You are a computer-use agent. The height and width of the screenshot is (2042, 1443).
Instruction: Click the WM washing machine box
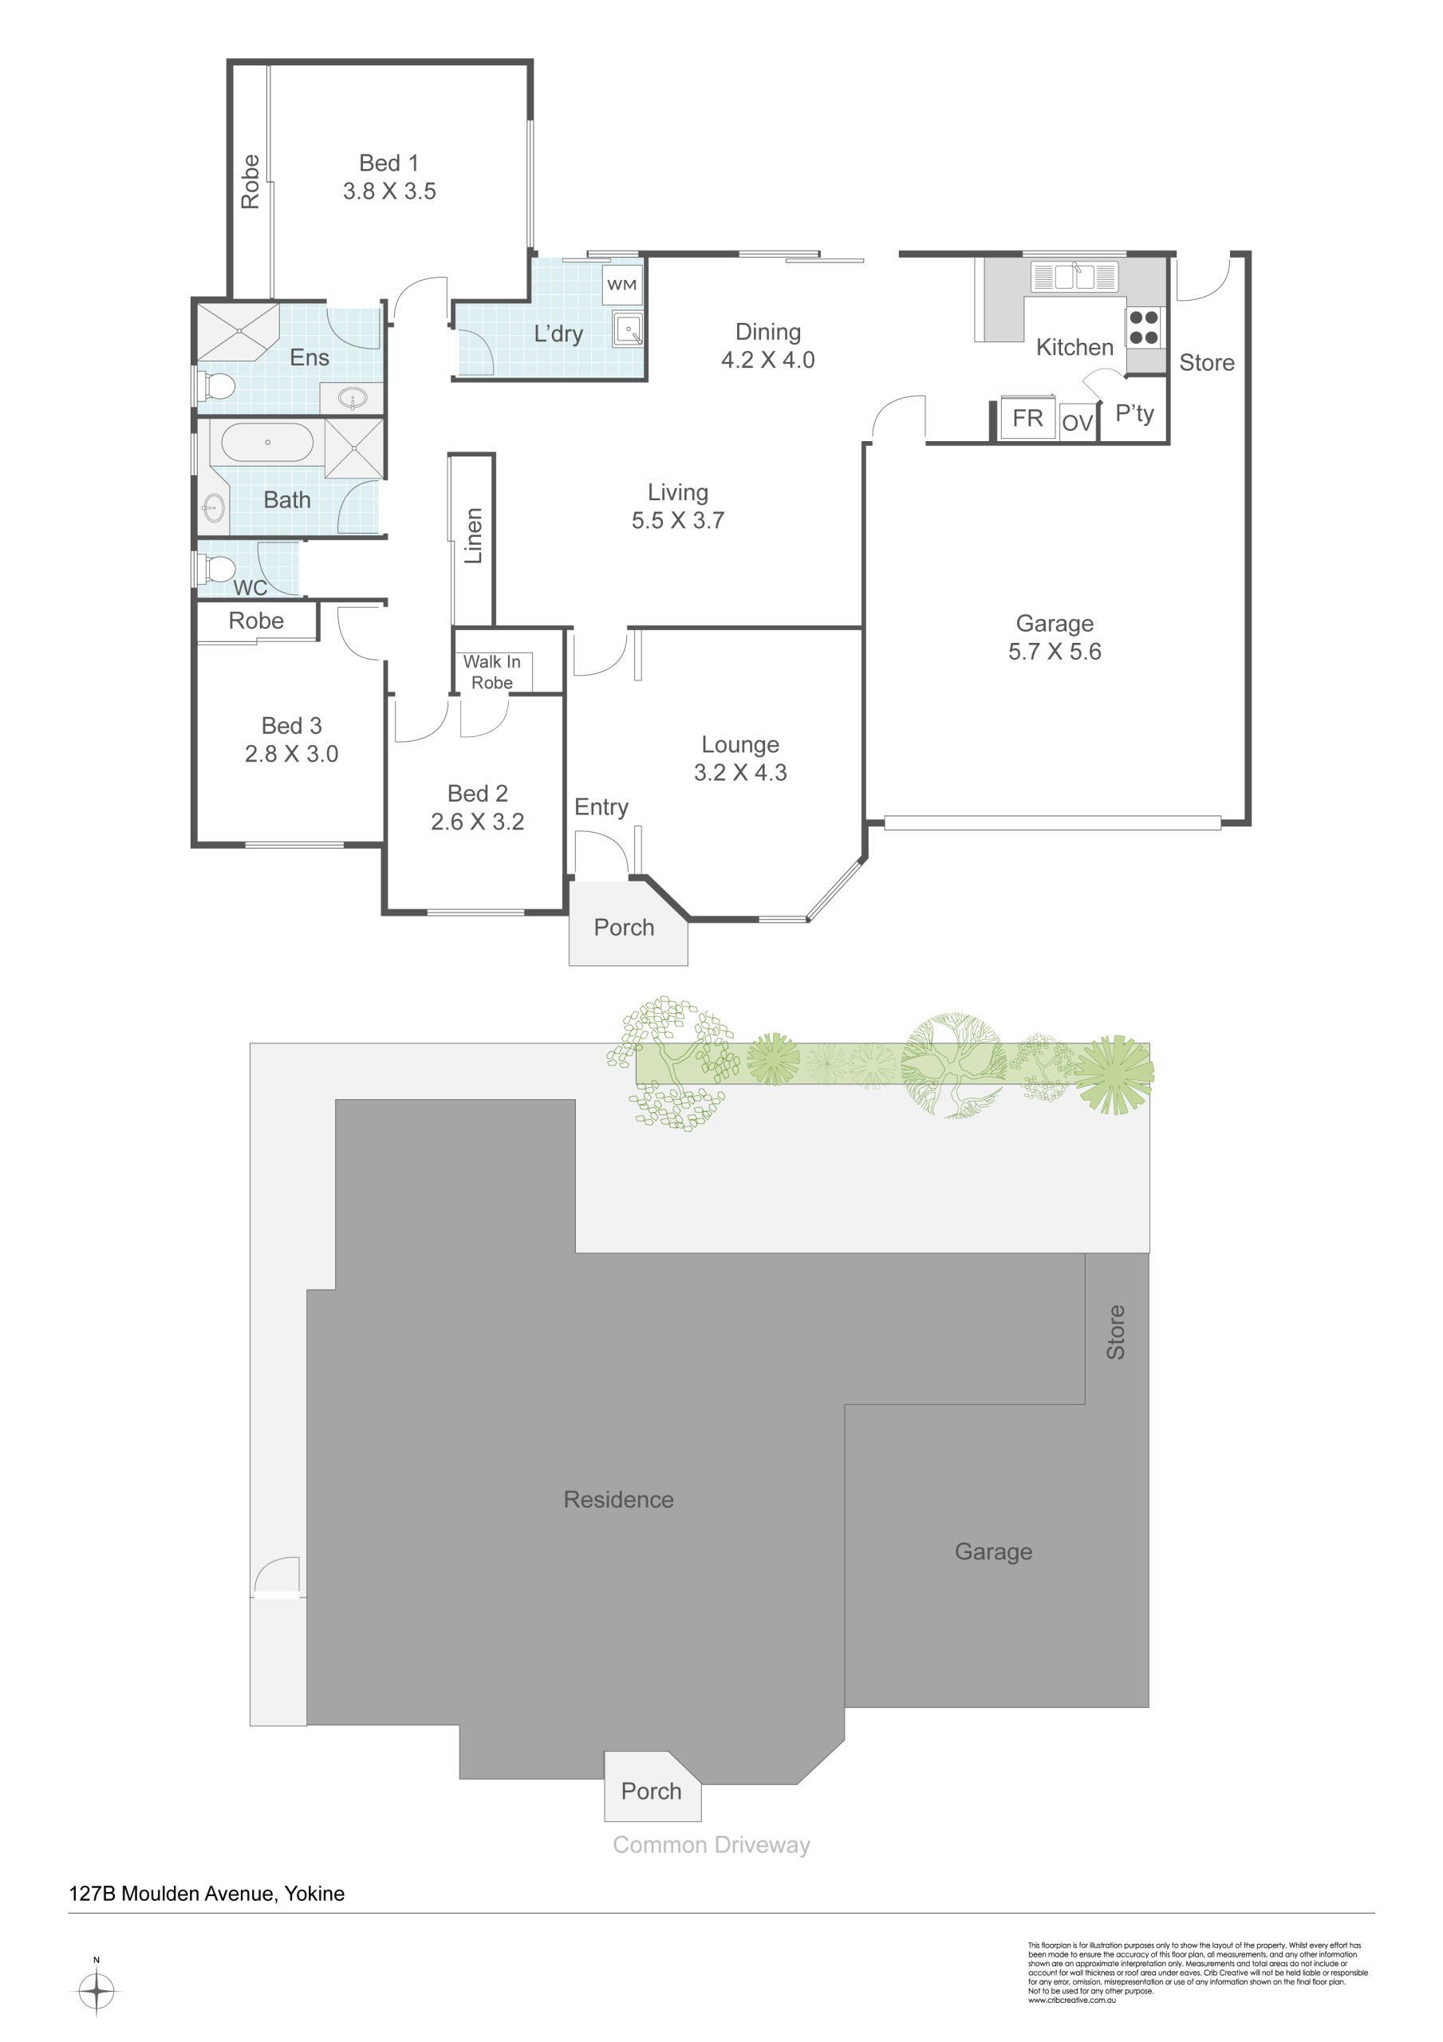coord(622,285)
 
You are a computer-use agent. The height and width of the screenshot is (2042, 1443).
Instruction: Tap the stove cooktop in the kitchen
coord(1144,326)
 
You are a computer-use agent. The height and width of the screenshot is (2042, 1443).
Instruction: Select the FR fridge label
coord(1027,418)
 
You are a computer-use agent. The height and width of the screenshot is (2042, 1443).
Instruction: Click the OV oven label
coord(1077,424)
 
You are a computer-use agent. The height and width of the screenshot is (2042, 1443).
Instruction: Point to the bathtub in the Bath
coord(267,442)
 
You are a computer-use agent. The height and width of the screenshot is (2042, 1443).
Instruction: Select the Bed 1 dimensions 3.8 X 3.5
coord(389,191)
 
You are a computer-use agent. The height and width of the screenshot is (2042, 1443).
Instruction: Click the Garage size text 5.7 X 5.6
coord(1055,652)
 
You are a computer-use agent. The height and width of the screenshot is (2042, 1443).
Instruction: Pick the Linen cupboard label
coord(473,535)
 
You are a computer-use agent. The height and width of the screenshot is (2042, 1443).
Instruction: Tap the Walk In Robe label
coord(492,672)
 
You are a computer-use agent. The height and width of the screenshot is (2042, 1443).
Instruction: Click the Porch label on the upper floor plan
coord(624,928)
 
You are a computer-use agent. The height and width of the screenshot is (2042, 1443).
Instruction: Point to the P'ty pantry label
coord(1134,413)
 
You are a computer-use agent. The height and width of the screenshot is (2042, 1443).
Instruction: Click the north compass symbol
coord(96,1989)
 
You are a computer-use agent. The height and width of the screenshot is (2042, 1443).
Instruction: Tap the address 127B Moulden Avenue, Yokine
coord(207,1894)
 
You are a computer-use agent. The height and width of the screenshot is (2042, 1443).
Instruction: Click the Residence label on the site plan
coord(618,1500)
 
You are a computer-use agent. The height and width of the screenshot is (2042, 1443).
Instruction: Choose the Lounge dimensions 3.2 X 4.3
coord(740,773)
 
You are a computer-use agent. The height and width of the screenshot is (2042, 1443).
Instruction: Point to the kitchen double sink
coord(1074,277)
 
